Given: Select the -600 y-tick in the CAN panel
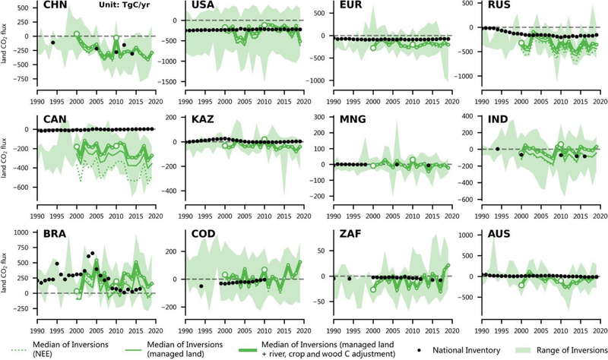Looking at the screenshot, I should click(21, 187).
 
